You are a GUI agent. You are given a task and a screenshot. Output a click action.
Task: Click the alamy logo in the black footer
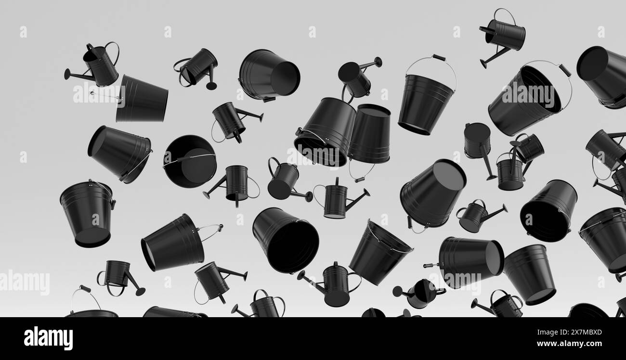click(x=48, y=338)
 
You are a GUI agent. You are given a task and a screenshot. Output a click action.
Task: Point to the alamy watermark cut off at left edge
click(x=24, y=283)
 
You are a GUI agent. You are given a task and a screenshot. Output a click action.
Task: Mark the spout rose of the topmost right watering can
click(x=483, y=64)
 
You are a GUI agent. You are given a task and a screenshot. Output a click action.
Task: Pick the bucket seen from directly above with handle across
click(x=189, y=161)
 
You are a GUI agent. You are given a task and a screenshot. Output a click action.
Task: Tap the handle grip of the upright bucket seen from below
click(x=438, y=58)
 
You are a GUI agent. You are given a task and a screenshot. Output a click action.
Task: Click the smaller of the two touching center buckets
click(x=369, y=134)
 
